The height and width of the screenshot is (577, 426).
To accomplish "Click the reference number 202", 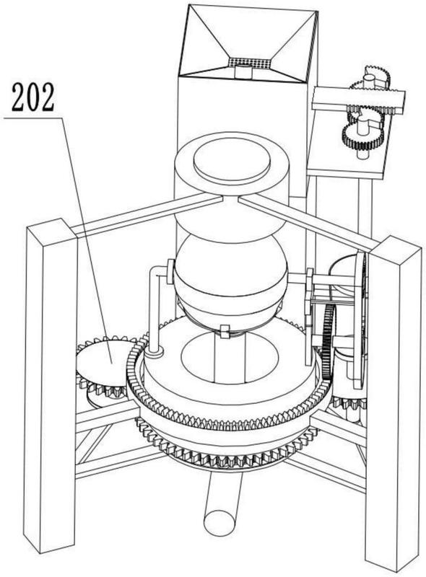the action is click(x=32, y=97).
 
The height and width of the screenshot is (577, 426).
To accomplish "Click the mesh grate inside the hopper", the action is click(x=249, y=63).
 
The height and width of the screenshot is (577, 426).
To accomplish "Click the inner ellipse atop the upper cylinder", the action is click(x=232, y=162).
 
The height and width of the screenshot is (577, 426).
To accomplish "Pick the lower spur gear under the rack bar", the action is click(x=363, y=134).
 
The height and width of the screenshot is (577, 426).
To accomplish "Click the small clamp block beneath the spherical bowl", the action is click(x=224, y=330).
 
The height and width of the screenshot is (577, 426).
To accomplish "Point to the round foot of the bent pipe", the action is click(x=154, y=353).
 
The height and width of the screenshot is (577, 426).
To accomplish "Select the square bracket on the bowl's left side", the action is click(x=170, y=272).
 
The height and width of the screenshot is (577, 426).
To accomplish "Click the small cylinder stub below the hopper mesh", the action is click(x=243, y=71).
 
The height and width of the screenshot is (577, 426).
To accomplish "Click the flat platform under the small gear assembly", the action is click(x=347, y=167).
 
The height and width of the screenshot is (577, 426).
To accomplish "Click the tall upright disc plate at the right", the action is click(x=360, y=320).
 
